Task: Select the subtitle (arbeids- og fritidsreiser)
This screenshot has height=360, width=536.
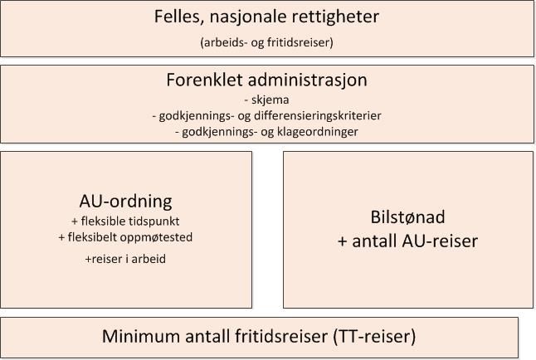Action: pos(266,42)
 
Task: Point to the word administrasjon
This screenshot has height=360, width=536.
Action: pos(308,80)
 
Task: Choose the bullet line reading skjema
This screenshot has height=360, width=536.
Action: pos(266,100)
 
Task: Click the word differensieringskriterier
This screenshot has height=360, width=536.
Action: pos(318,115)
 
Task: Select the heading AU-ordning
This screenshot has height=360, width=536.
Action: pos(126,202)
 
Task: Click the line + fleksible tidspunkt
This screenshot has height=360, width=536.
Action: pos(125,221)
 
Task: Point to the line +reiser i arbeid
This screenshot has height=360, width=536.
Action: pos(125,259)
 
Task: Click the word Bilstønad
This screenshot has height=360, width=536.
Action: pos(408,217)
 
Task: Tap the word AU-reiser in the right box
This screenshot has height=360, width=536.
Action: pos(440,241)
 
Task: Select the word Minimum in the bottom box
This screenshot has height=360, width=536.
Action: pos(141,336)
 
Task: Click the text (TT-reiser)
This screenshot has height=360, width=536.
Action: pos(375,337)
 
